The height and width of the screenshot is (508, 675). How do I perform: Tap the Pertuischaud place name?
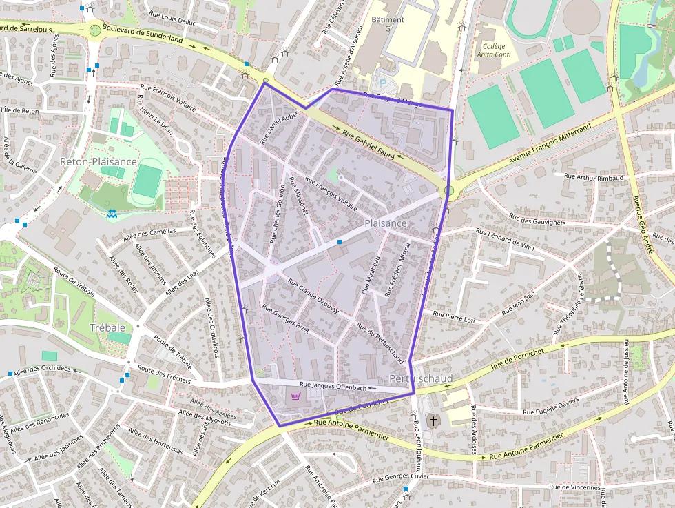tap(421, 379)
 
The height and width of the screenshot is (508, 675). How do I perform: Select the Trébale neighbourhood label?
tap(108, 327)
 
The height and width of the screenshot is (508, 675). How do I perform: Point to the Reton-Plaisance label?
tap(98, 161)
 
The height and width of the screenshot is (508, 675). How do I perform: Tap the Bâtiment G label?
tap(388, 24)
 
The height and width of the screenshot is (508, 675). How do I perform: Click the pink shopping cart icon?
tap(296, 396)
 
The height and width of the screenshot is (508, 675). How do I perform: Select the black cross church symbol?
tap(433, 420)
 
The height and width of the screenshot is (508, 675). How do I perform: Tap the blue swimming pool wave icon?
tap(112, 214)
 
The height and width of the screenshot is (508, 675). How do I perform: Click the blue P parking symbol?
tap(383, 83)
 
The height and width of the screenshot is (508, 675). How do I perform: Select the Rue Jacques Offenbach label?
tap(333, 387)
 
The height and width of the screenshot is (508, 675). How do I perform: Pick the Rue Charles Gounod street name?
tap(278, 214)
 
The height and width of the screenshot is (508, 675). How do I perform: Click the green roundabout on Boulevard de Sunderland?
tap(95, 30)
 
